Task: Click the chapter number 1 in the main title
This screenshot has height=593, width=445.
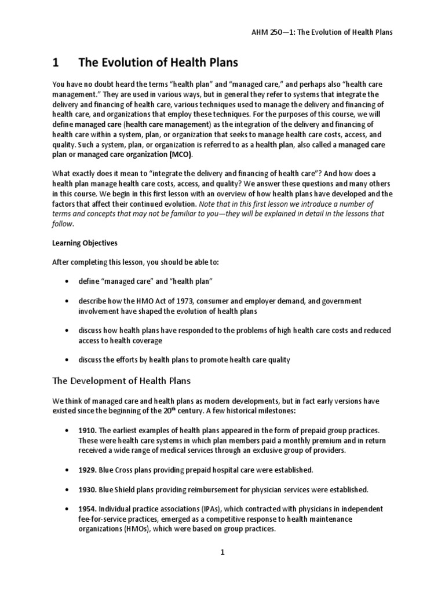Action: click(56, 63)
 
